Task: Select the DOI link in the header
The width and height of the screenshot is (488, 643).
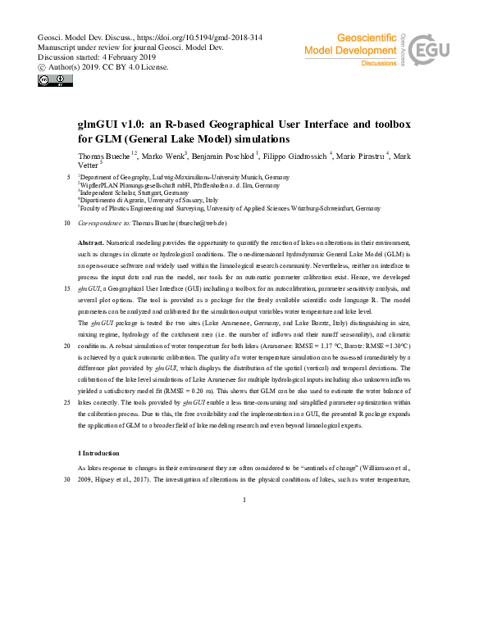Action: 188,38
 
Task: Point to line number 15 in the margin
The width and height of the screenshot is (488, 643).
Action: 66,289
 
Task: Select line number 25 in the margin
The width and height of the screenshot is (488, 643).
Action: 66,403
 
